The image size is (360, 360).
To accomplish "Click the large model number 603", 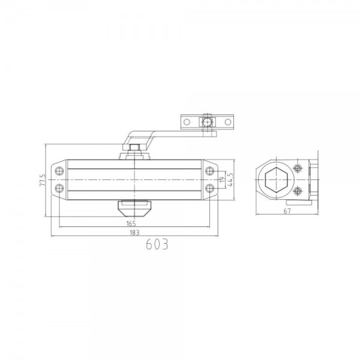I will [156, 245].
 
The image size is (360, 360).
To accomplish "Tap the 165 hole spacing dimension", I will [131, 223].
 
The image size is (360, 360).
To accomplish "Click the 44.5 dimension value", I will [232, 179].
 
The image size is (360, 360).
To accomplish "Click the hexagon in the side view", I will [277, 179].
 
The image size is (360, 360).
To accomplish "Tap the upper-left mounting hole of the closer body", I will [58, 170].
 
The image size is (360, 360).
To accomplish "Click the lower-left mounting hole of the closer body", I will [58, 188].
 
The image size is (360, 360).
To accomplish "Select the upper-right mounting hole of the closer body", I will [209, 170].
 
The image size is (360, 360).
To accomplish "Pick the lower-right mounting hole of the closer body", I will [209, 188].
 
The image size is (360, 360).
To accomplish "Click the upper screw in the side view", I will [298, 169].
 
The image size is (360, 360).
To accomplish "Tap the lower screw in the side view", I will [298, 192].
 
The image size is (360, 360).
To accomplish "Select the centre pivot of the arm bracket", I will [207, 122].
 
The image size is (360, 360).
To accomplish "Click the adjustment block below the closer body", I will [133, 208].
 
